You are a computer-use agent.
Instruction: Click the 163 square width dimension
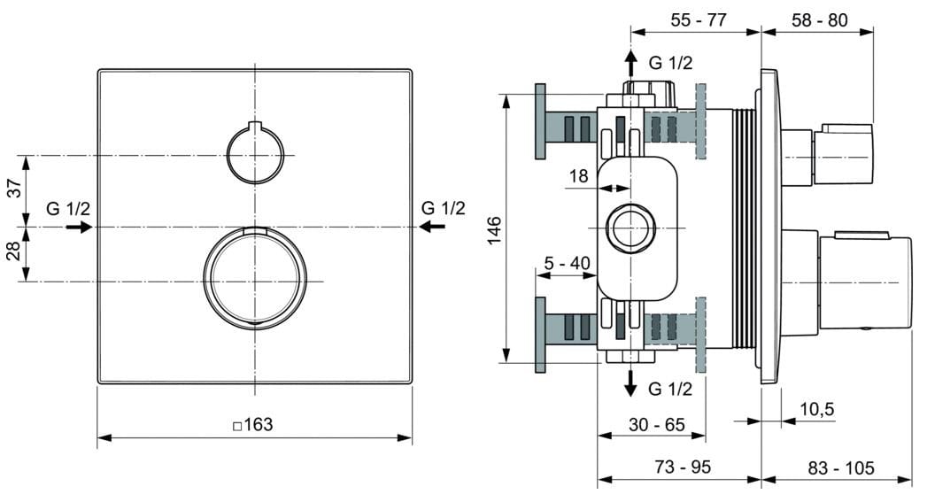[x=253, y=425]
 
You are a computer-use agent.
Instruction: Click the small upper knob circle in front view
[x=255, y=155]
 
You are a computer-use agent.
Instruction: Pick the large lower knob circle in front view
[x=255, y=277]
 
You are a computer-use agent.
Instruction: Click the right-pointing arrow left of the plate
[x=80, y=228]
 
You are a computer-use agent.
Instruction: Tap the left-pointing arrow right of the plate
[x=432, y=228]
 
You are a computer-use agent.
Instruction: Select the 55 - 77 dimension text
[x=698, y=19]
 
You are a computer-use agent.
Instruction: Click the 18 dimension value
[x=578, y=177]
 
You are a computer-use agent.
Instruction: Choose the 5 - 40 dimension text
[x=567, y=262]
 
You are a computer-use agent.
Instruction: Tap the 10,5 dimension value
[x=816, y=409]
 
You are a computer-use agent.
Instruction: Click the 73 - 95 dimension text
[x=681, y=467]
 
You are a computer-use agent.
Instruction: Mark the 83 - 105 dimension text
[x=838, y=467]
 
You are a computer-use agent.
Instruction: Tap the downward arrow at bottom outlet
[x=630, y=382]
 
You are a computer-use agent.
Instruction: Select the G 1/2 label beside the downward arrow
[x=670, y=389]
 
